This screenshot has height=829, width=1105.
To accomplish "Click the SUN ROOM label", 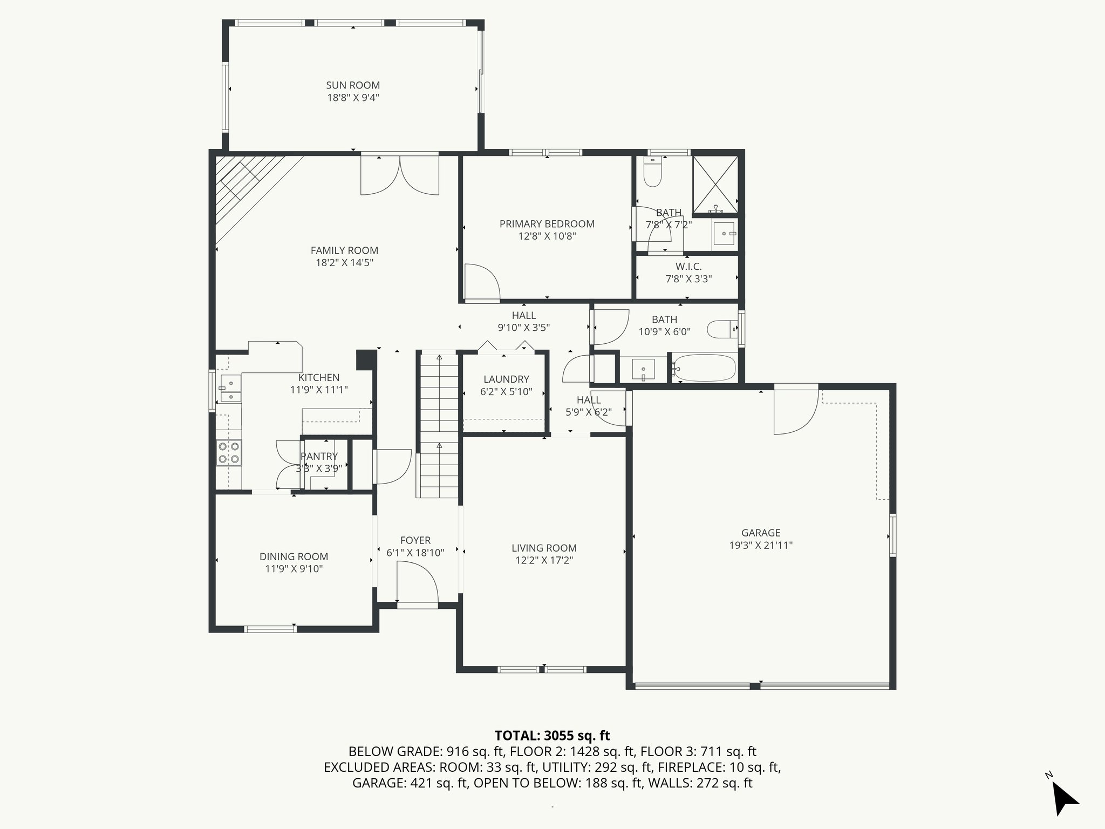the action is tap(353, 85).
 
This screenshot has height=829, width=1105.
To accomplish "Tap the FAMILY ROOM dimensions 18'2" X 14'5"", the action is tap(344, 263).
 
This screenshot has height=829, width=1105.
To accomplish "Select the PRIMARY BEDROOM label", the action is tap(547, 224).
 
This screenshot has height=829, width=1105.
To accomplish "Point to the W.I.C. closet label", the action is tap(688, 267).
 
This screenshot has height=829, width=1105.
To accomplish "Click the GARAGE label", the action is tap(761, 533).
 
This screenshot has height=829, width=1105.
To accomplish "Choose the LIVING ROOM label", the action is tap(544, 548).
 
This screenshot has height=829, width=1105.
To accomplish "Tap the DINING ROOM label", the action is tap(294, 556).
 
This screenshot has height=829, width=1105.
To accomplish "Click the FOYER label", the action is tap(415, 540).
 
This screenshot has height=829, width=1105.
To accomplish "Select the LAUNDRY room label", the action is tap(506, 379).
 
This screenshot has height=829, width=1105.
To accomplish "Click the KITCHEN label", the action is tap(319, 378).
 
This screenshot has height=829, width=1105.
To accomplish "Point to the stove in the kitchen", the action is tap(229, 453).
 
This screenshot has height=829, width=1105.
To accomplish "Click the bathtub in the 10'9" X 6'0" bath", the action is tap(703, 369).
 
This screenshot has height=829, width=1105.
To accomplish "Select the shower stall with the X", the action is tap(715, 185).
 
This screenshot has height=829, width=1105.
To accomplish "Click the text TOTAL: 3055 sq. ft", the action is tap(552, 736).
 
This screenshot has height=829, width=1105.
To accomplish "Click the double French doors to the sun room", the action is tap(400, 175).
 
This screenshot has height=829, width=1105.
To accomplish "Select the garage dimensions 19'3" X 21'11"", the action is tap(761, 545).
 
